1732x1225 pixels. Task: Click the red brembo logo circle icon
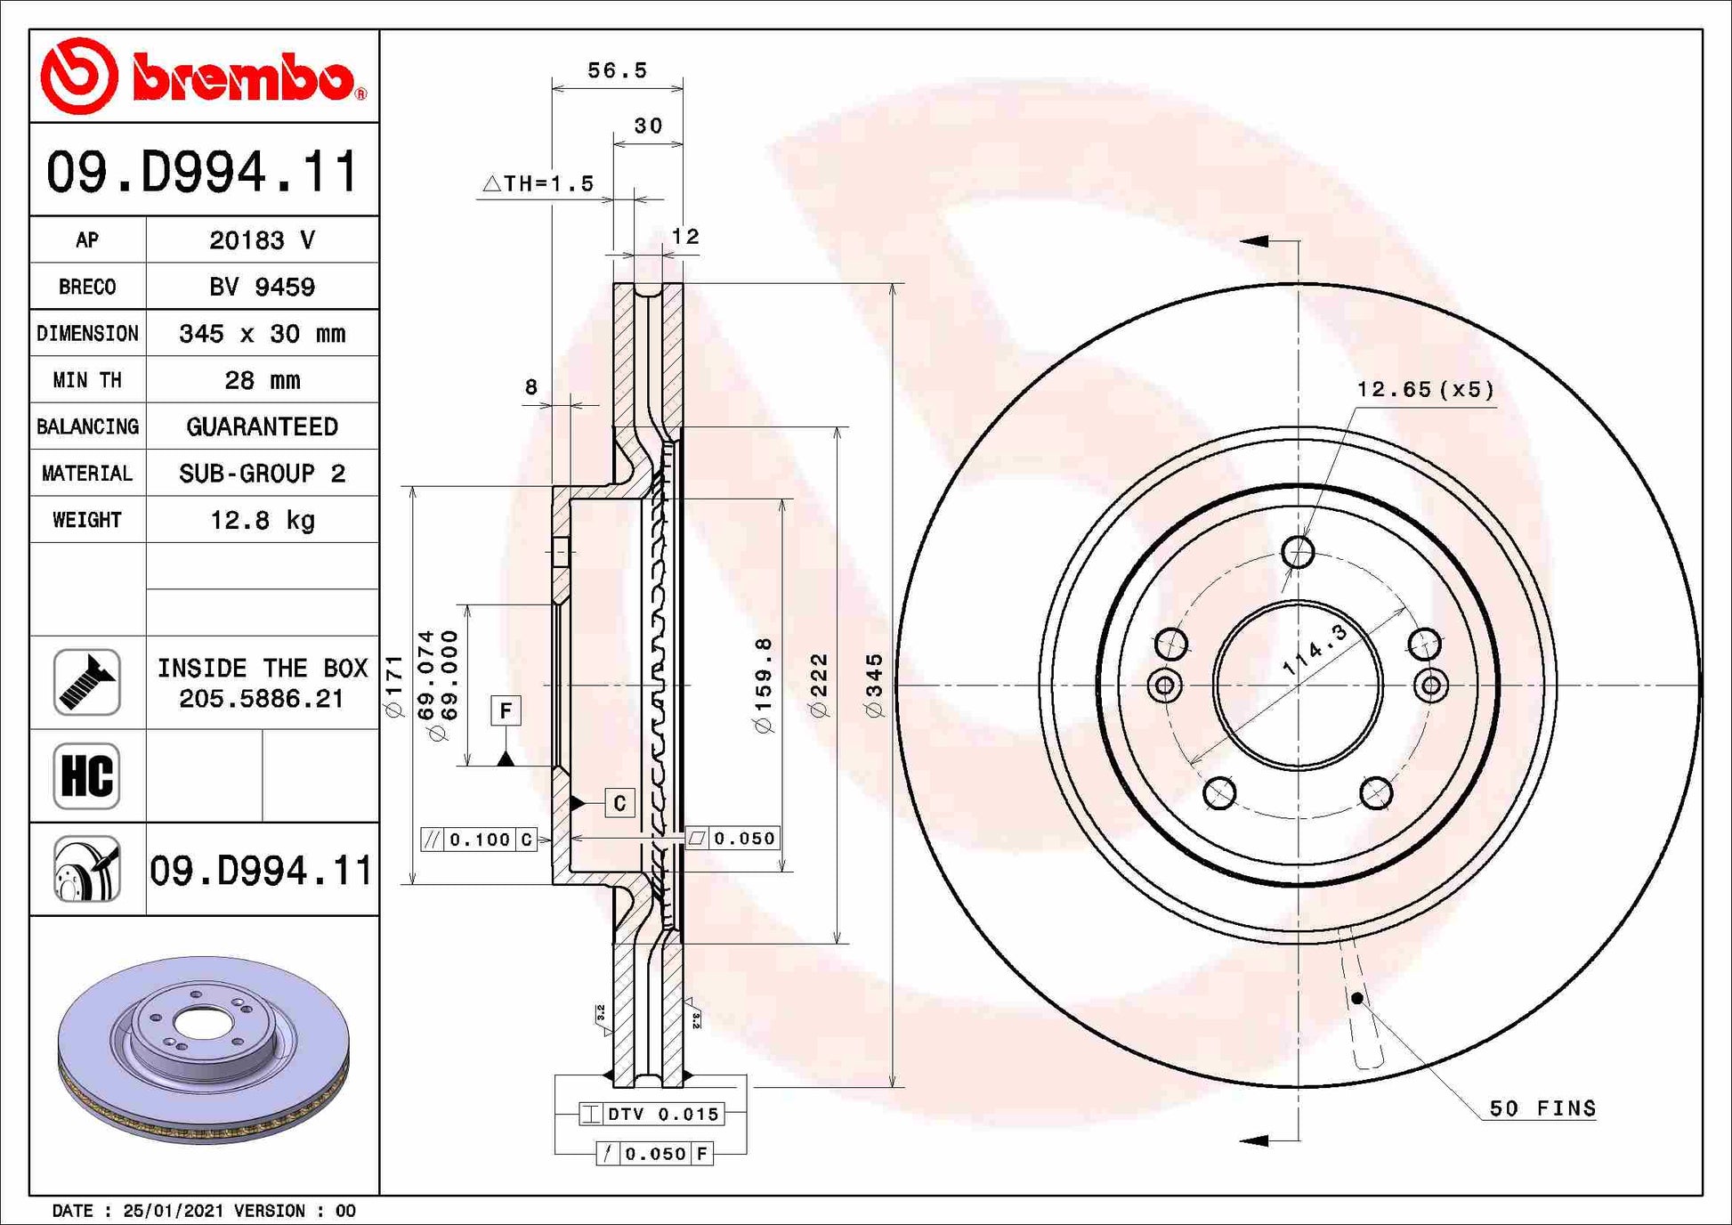coord(79,76)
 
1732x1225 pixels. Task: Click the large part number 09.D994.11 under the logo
coord(203,172)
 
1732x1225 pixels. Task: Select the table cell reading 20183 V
coord(262,240)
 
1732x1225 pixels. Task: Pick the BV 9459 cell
coord(262,287)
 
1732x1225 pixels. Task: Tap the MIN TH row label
coord(87,380)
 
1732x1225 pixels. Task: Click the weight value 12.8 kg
coord(262,520)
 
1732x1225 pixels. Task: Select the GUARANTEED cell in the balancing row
coord(262,426)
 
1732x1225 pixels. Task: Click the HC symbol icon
coord(86,775)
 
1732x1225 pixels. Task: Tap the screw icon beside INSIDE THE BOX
coord(86,683)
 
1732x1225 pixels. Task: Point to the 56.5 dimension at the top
coord(617,70)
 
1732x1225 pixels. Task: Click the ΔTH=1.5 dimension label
coord(539,183)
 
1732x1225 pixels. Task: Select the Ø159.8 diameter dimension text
coord(764,686)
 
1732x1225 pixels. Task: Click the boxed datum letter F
coord(506,710)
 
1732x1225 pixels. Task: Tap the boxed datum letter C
coord(619,803)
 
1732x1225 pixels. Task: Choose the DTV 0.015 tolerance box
coord(652,1114)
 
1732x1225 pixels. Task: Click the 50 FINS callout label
coord(1542,1108)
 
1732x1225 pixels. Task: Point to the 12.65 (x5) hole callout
coord(1425,389)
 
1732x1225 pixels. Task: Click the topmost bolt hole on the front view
coord(1298,552)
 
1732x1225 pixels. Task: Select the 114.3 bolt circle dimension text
coord(1315,650)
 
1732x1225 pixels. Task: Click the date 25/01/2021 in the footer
coord(175,1211)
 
